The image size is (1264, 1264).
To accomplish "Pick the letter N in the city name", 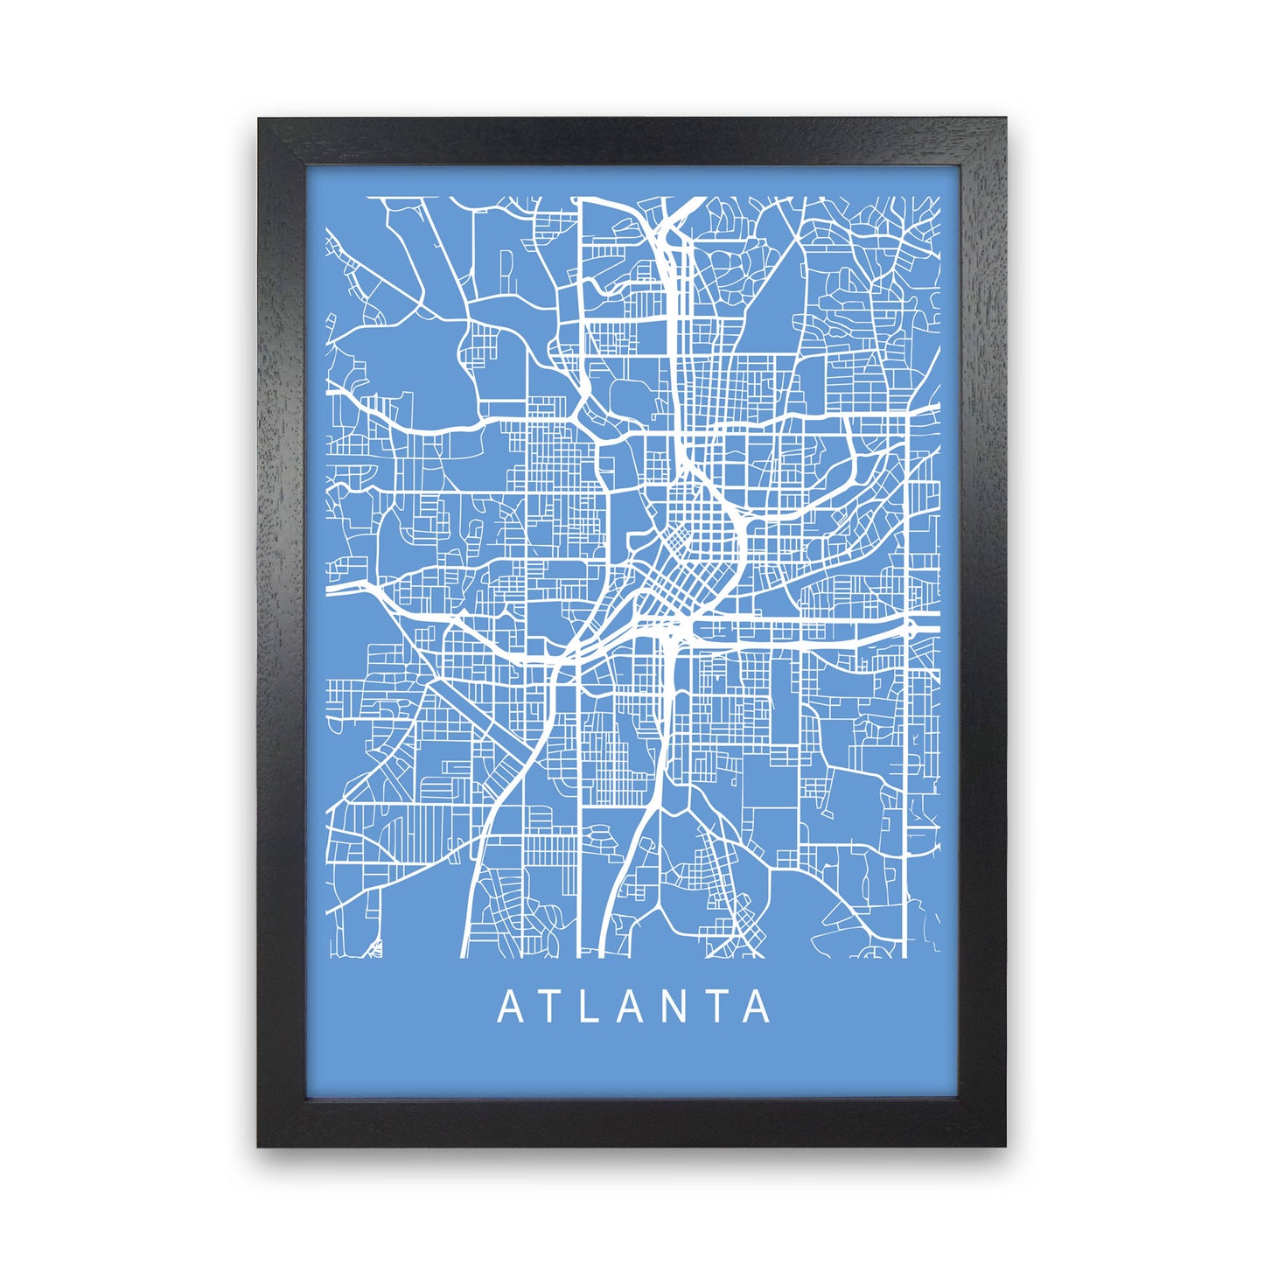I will point(674,1007).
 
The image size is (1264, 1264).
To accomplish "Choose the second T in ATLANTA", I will point(716,1007).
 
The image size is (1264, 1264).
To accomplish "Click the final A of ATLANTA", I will point(757,1007).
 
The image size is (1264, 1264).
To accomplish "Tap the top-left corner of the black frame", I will point(261,121).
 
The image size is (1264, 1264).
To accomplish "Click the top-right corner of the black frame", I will point(1003,121).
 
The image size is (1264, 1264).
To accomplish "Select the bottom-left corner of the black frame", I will point(261,1142).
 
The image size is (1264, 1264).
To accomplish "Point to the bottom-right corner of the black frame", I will point(1003,1142).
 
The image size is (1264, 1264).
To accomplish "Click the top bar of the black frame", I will point(632,141).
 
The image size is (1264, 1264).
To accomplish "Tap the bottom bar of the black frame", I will point(632,1122).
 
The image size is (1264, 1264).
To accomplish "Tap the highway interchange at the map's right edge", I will point(911,626).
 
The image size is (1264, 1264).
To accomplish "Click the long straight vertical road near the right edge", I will point(904,787).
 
